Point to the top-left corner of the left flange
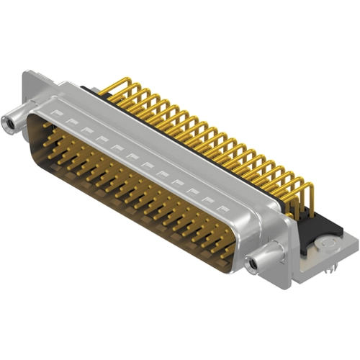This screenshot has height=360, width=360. coord(26,72)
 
